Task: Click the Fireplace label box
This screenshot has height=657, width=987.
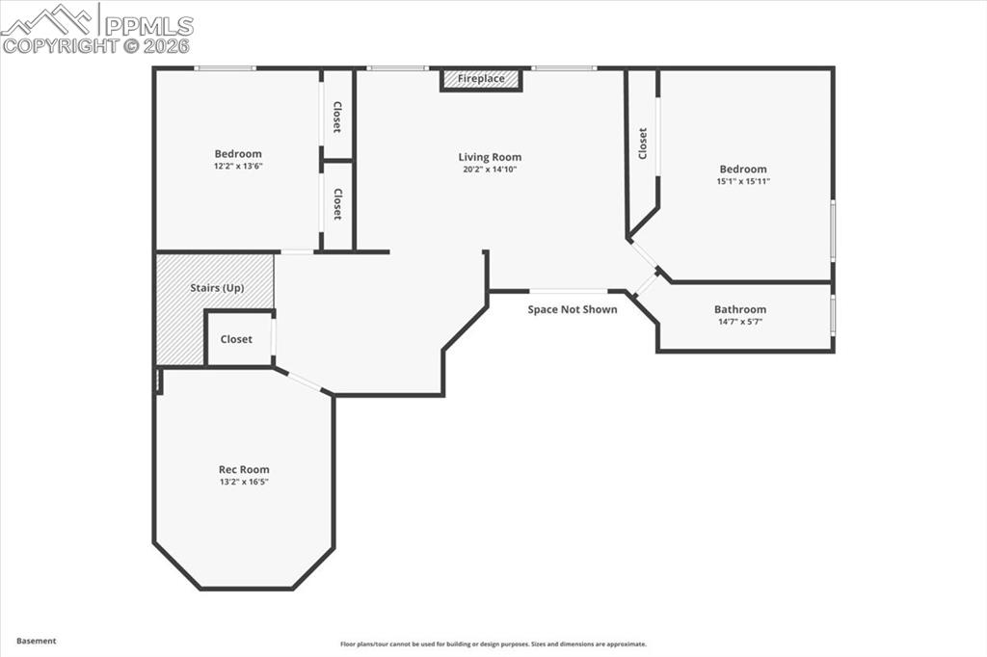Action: coord(481,79)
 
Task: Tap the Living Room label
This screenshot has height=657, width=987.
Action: coord(490,157)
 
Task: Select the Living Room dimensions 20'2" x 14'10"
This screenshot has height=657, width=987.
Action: coord(490,171)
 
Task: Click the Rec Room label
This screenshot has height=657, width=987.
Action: coord(243,470)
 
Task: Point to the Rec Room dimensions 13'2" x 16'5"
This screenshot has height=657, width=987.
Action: coord(243,482)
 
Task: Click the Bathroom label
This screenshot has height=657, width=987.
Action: coord(740,309)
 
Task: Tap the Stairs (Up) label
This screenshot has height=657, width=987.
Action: coord(217,288)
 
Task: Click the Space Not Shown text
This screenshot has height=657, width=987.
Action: coord(573,309)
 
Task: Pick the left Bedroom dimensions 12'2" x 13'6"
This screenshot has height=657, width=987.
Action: coord(238,166)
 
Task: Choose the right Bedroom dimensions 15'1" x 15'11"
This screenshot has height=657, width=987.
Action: coord(742,181)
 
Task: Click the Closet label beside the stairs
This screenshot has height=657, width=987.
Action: coord(236,339)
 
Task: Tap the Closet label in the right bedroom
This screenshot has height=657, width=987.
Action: coord(643,144)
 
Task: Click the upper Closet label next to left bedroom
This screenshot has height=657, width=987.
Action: coord(337,117)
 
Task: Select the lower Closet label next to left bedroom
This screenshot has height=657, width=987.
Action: coord(337,203)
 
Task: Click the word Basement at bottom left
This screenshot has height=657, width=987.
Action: coord(37,641)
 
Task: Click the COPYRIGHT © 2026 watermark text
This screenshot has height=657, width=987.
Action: coord(96,45)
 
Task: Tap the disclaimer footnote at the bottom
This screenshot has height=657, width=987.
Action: coord(493,644)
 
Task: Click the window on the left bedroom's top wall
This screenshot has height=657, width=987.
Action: coord(225,68)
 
